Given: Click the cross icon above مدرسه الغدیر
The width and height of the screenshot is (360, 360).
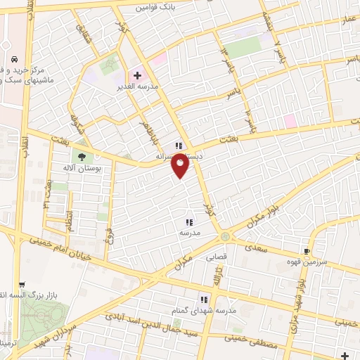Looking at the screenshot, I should coord(137,75).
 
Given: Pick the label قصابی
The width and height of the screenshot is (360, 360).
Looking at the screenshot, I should coord(214,257).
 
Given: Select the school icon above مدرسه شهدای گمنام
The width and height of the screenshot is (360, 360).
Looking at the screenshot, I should coord(205,299).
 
